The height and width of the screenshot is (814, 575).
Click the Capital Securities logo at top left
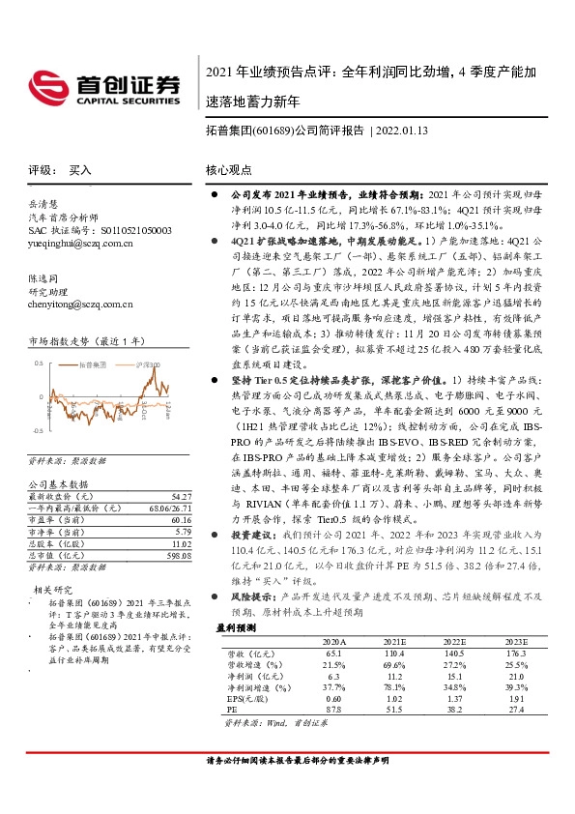111,84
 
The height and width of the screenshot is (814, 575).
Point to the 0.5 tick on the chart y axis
39,363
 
